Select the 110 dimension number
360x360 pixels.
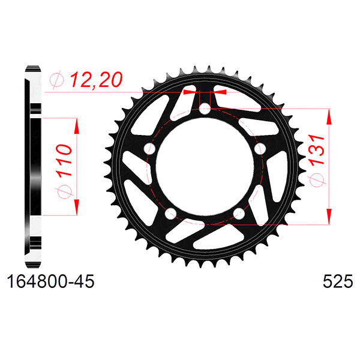(x=65, y=159)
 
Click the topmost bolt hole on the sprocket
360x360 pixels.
(x=205, y=109)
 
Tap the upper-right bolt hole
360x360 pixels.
(x=260, y=148)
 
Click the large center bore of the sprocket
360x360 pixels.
(x=205, y=168)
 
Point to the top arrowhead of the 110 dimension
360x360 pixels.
(x=76, y=123)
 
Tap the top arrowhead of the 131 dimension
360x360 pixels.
(x=328, y=115)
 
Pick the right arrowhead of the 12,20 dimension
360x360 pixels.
(x=221, y=92)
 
